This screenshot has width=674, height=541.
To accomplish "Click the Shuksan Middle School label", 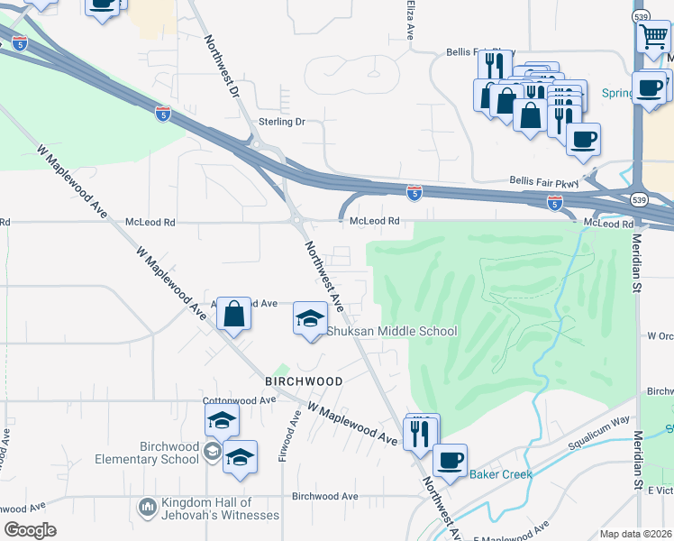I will (391, 331).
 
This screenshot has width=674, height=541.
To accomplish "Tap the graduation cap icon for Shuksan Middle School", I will (310, 318).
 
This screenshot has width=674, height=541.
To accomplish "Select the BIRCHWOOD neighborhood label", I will (304, 381).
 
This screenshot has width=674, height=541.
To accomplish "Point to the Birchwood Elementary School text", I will (169, 453).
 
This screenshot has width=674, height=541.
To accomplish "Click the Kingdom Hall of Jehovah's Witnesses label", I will (220, 509).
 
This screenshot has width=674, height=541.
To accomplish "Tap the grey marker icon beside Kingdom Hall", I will (147, 509).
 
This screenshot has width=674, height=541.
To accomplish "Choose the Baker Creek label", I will (501, 474).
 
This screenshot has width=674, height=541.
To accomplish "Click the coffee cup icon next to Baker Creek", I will (450, 459).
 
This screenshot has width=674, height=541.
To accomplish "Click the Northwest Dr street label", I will (221, 66).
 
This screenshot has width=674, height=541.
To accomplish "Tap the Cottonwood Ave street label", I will (239, 400).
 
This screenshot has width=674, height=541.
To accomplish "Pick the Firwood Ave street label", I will (287, 437).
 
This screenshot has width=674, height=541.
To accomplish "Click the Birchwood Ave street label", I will (324, 496).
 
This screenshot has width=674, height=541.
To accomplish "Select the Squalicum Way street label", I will (598, 433).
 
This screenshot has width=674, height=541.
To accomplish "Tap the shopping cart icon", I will (653, 37).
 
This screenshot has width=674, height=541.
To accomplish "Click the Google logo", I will (30, 530).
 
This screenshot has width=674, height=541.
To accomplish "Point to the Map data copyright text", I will (636, 534).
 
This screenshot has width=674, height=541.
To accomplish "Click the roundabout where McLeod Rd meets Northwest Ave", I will (295, 219).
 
